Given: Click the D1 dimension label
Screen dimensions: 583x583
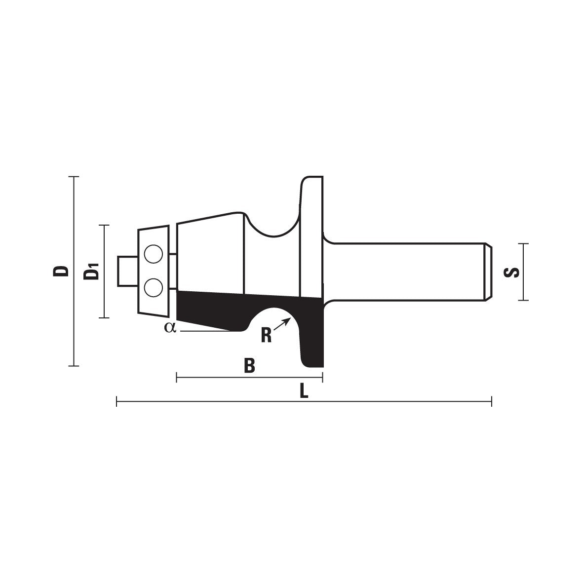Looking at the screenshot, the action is tap(91, 271).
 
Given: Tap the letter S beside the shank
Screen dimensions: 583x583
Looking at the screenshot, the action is tap(511, 272).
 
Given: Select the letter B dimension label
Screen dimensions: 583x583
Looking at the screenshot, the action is tap(249, 365).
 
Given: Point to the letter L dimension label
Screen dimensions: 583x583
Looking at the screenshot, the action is tap(304, 391).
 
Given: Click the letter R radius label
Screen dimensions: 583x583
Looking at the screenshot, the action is tap(266, 335).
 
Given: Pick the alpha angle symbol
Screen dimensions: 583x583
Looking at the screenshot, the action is tap(170, 328).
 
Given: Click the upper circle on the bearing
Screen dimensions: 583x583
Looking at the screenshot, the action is tap(153, 254).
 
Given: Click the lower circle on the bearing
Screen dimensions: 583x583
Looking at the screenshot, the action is tap(153, 287).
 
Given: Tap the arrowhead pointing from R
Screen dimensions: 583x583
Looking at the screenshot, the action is tap(287, 320).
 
